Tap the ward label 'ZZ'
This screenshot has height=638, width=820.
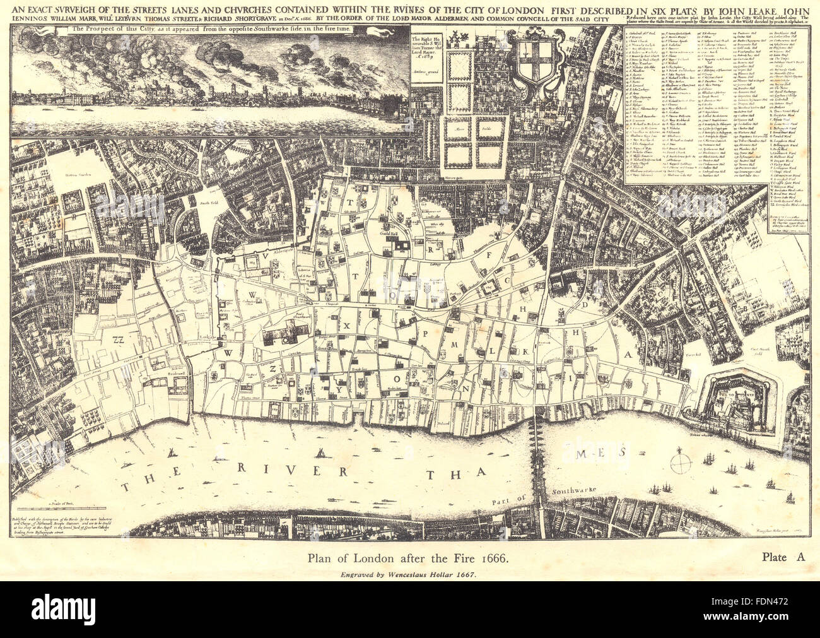point(115,340)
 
